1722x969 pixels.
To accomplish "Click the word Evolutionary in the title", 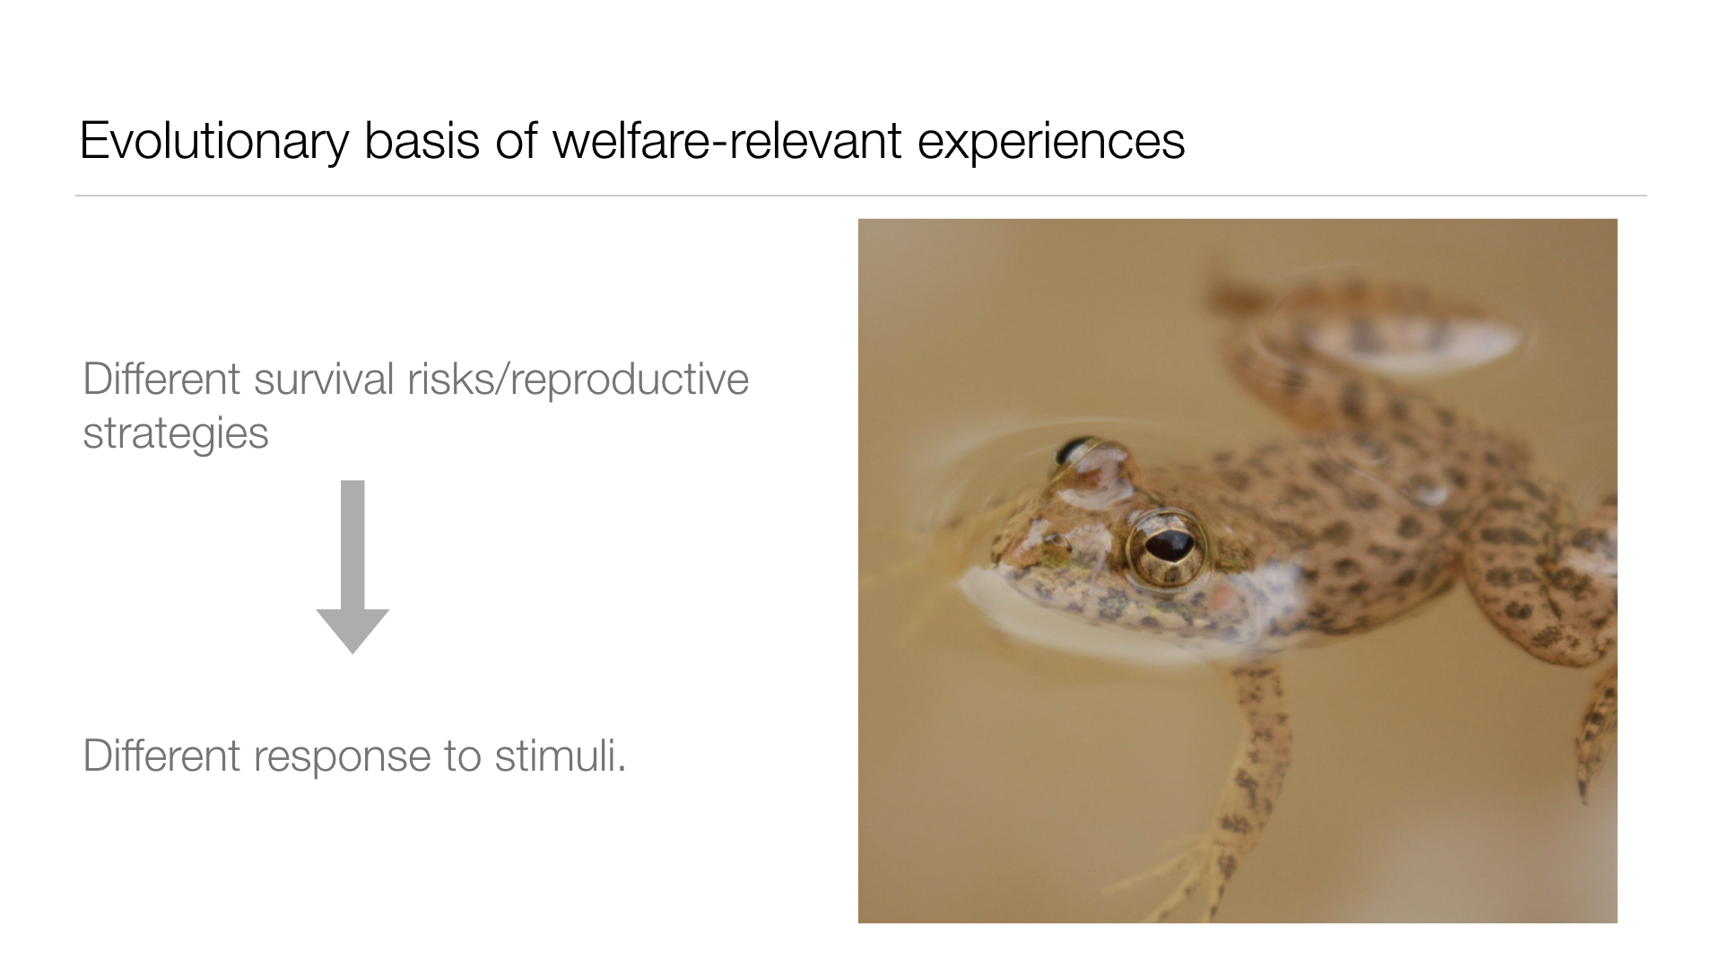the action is pyautogui.click(x=213, y=142).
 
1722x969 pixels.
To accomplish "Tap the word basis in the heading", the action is pyautogui.click(x=422, y=141).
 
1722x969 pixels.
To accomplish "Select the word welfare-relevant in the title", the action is pyautogui.click(x=726, y=141).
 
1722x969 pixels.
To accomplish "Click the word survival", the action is pyautogui.click(x=324, y=379).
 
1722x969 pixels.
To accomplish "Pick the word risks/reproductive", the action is pyautogui.click(x=578, y=380).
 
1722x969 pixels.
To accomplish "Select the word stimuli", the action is pyautogui.click(x=560, y=755).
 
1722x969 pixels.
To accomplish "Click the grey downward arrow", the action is pyautogui.click(x=352, y=567).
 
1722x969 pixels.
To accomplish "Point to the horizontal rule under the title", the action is pyautogui.click(x=861, y=196).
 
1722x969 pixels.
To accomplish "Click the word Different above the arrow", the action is pyautogui.click(x=161, y=379).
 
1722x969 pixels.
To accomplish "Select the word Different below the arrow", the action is pyautogui.click(x=161, y=755).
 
